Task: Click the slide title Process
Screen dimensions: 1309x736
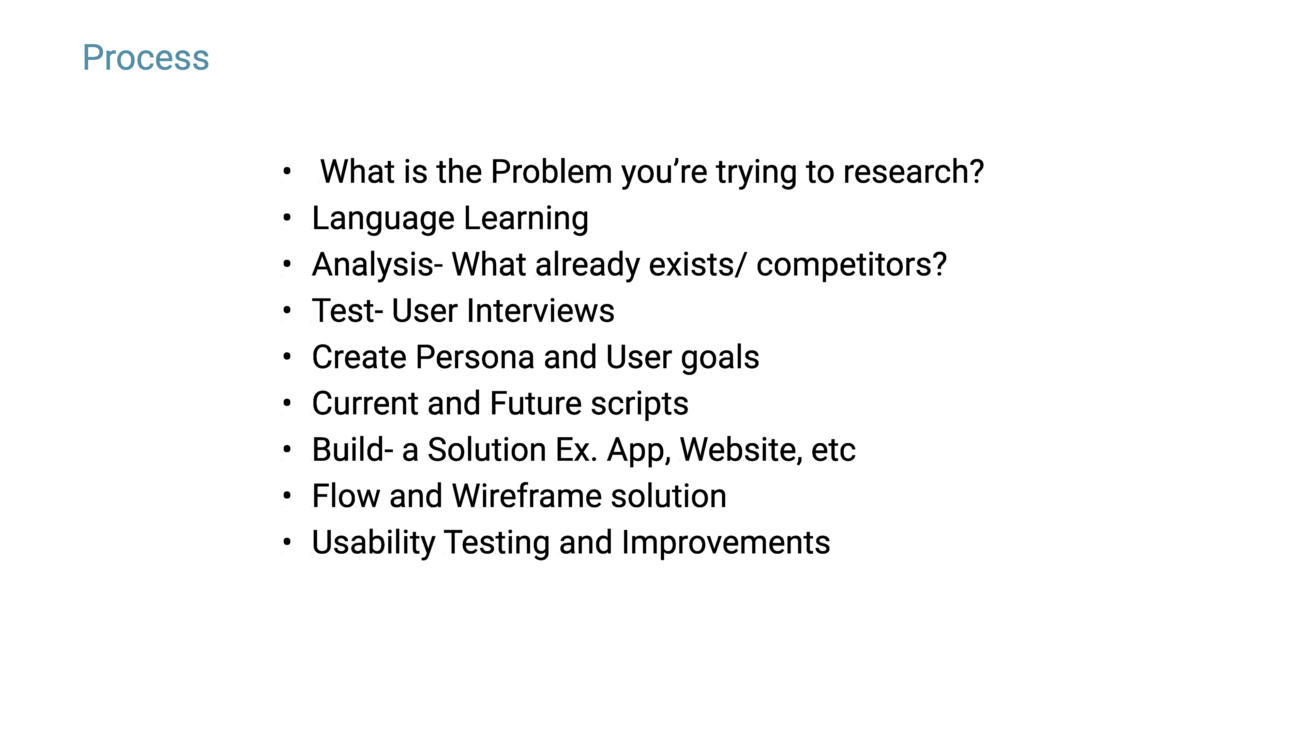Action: (146, 58)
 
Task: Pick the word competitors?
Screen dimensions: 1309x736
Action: (852, 265)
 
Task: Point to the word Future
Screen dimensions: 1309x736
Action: (536, 403)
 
